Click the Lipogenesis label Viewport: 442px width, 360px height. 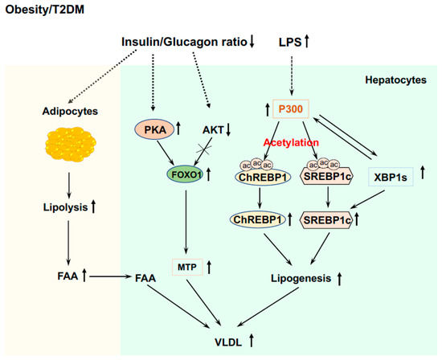click(x=303, y=279)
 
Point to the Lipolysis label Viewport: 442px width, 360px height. click(x=62, y=207)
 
